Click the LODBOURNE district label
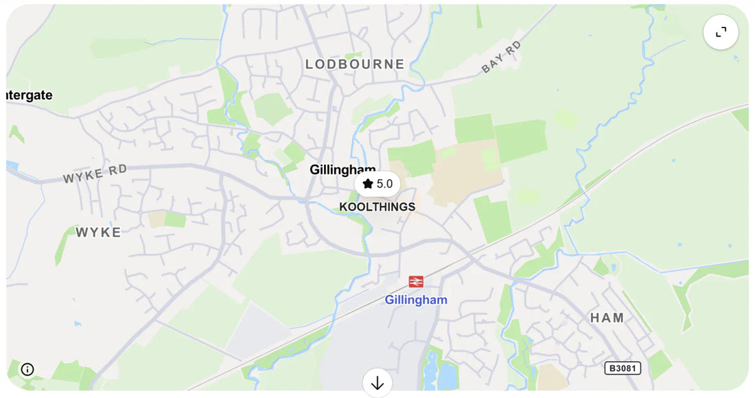[x=355, y=65]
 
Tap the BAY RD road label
[x=502, y=57]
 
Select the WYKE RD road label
[x=95, y=174]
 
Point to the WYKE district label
[x=98, y=233]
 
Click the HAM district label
[x=607, y=318]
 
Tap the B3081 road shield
[x=623, y=368]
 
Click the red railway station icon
[x=416, y=281]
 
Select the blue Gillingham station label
[x=416, y=300]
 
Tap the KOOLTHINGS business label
[x=377, y=207]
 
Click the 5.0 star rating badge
[x=377, y=184]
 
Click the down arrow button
[x=377, y=383]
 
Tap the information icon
[x=27, y=369]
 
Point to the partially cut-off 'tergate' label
[x=29, y=95]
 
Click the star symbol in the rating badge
[x=368, y=184]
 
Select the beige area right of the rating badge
[x=467, y=175]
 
